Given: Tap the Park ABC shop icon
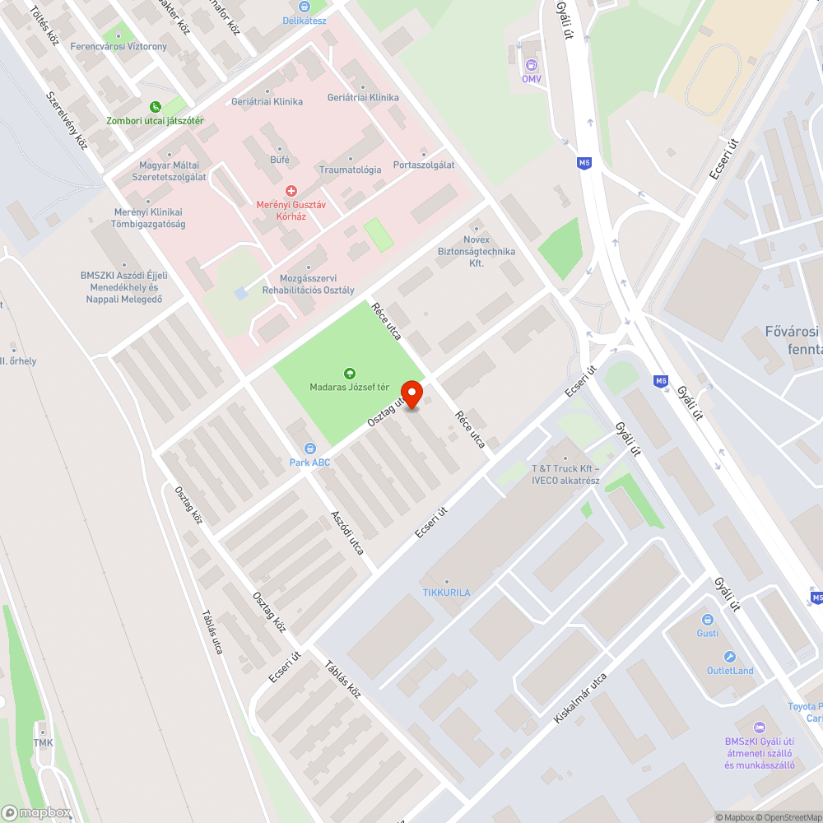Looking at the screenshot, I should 309,449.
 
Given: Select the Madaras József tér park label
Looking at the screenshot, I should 349,387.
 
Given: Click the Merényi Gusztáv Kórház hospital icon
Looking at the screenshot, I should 281,190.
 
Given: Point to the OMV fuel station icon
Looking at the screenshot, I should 532,65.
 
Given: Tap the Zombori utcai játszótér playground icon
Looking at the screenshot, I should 156,107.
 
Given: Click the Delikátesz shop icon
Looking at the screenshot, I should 304,7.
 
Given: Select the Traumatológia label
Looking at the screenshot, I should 350,170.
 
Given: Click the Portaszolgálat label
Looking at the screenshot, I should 424,165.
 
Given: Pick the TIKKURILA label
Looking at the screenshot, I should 447,593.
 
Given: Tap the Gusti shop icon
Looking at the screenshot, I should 707,619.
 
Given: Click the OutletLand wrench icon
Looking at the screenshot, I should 729,657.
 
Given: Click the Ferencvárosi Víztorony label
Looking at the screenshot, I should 119,47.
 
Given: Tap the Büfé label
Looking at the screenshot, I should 280,159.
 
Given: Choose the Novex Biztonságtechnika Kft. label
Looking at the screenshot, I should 476,251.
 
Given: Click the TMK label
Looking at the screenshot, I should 43,743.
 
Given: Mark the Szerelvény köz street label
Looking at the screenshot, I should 67,119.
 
